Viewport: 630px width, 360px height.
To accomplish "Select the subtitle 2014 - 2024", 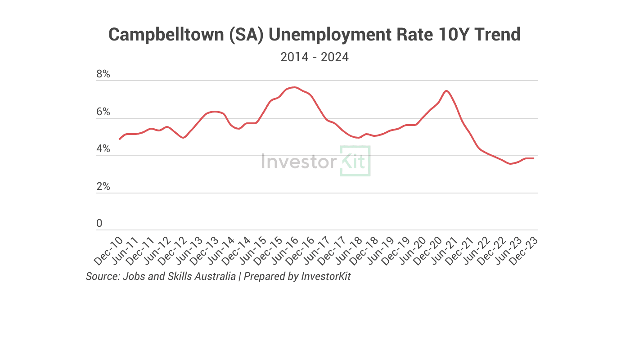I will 315,58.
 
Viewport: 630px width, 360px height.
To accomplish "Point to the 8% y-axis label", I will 103,74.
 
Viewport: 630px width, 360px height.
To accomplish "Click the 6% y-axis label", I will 103,112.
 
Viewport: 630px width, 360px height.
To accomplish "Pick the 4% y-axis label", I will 103,149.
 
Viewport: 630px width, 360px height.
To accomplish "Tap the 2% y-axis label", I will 103,186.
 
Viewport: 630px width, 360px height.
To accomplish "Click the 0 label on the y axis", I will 99,224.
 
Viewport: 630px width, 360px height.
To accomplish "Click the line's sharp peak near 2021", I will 446,91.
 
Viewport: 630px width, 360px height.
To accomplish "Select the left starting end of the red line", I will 119,139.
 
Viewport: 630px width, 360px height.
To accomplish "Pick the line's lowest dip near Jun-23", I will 510,164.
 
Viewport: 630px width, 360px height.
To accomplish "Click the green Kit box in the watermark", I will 355,161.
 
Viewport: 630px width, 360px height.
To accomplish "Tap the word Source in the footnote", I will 102,276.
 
